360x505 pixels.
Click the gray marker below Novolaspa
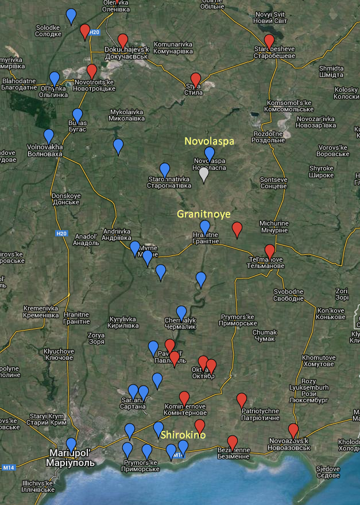pos(203,174)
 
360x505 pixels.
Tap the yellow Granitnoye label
pos(204,214)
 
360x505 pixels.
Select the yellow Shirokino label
pos(183,436)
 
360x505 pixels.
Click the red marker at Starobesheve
pos(269,41)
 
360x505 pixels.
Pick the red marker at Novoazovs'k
pos(293,430)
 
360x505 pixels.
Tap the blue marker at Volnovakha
pos(49,136)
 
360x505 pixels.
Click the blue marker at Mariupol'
pos(71,445)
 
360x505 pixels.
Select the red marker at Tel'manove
pos(269,251)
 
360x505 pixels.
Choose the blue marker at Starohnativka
pos(165,170)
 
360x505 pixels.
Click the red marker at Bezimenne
pos(232,442)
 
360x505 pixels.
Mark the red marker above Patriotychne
pos(242,400)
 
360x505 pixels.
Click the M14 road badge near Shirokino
pos(178,456)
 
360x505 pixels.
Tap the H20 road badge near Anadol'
pos(62,234)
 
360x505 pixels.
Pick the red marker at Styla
pos(196,80)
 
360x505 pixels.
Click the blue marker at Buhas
pos(78,115)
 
